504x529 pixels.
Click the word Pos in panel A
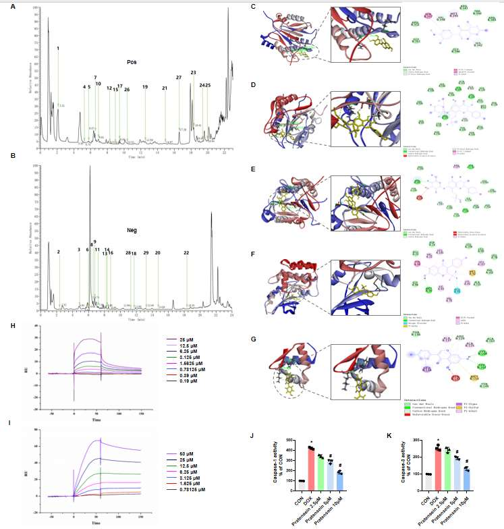[132, 62]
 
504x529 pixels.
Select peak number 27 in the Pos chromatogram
[179, 78]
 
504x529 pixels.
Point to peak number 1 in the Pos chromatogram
[58, 49]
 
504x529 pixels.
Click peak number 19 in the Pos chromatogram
[144, 87]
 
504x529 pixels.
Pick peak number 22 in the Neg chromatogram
[186, 253]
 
